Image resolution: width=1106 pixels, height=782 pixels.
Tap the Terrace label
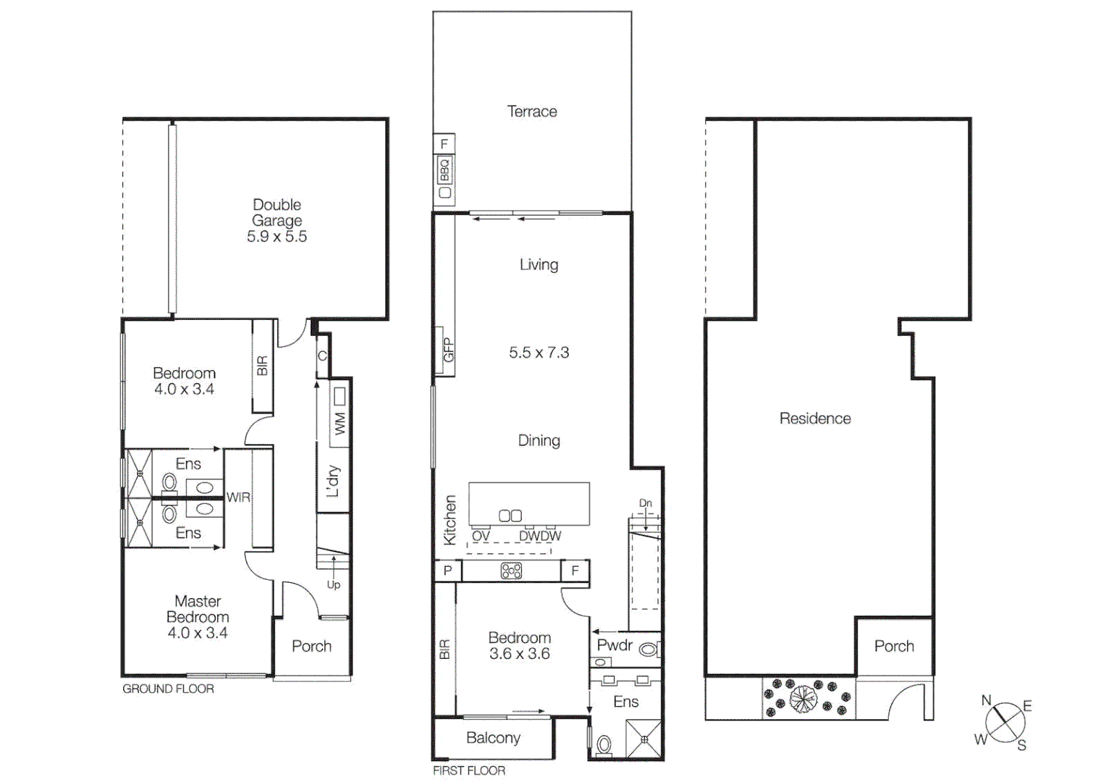point(532,112)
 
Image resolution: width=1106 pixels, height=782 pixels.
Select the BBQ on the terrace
point(444,171)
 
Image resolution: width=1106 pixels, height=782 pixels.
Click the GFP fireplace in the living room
point(447,350)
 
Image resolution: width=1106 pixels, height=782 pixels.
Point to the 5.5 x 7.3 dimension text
point(539,353)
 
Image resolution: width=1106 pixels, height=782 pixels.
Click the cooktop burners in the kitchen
point(511,571)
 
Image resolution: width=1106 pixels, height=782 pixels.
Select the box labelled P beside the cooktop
point(447,571)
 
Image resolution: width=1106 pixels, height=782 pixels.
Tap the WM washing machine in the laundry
point(339,423)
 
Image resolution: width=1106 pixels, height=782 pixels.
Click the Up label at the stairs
point(333,584)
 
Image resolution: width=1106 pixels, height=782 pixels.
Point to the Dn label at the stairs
point(645,503)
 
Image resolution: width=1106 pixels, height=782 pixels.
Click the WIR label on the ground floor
point(238,497)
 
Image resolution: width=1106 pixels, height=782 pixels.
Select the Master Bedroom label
point(198,617)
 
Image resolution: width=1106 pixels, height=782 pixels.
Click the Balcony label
point(493,738)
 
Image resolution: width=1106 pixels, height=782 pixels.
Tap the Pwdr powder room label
point(615,645)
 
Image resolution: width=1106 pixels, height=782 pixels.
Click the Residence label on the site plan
point(815,419)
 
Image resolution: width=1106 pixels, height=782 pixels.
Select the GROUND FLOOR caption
point(168,689)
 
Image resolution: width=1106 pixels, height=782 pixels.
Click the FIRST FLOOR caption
point(469,770)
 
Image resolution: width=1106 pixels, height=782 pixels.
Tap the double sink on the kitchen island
point(510,516)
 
